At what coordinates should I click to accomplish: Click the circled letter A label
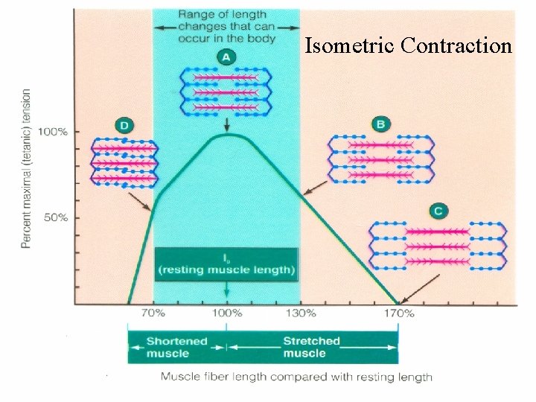click(x=226, y=57)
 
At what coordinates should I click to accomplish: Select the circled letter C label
click(x=438, y=211)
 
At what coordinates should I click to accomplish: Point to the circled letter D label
click(x=123, y=124)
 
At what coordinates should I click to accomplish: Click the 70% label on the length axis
click(x=153, y=313)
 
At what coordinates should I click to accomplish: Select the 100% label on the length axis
click(x=226, y=313)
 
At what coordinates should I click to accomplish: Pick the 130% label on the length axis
click(x=301, y=313)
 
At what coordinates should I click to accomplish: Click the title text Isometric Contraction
click(x=409, y=46)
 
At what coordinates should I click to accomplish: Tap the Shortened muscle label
click(x=177, y=347)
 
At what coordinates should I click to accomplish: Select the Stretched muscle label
click(x=311, y=347)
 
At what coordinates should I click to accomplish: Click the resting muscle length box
click(x=226, y=264)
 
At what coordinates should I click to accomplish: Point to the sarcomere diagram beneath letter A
click(x=226, y=92)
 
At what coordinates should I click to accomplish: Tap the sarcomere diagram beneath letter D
click(x=124, y=162)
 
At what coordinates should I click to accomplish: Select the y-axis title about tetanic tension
click(x=26, y=169)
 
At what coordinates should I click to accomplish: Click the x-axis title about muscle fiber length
click(x=296, y=377)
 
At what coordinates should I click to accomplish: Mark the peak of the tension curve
click(x=226, y=135)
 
